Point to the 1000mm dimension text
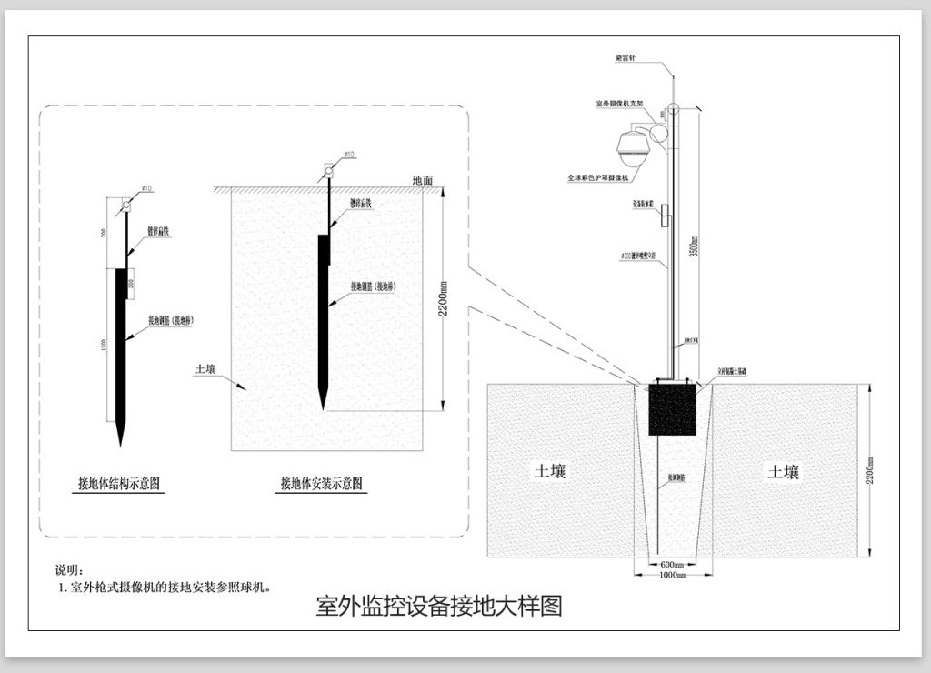(x=672, y=576)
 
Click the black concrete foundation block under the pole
(x=672, y=411)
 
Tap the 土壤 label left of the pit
(x=550, y=471)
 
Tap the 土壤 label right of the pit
(x=783, y=471)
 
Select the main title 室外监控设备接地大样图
(x=438, y=607)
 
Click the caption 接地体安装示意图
(x=322, y=483)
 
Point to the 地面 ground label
(x=423, y=180)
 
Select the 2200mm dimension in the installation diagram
(x=444, y=296)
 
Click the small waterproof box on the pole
(x=665, y=216)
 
